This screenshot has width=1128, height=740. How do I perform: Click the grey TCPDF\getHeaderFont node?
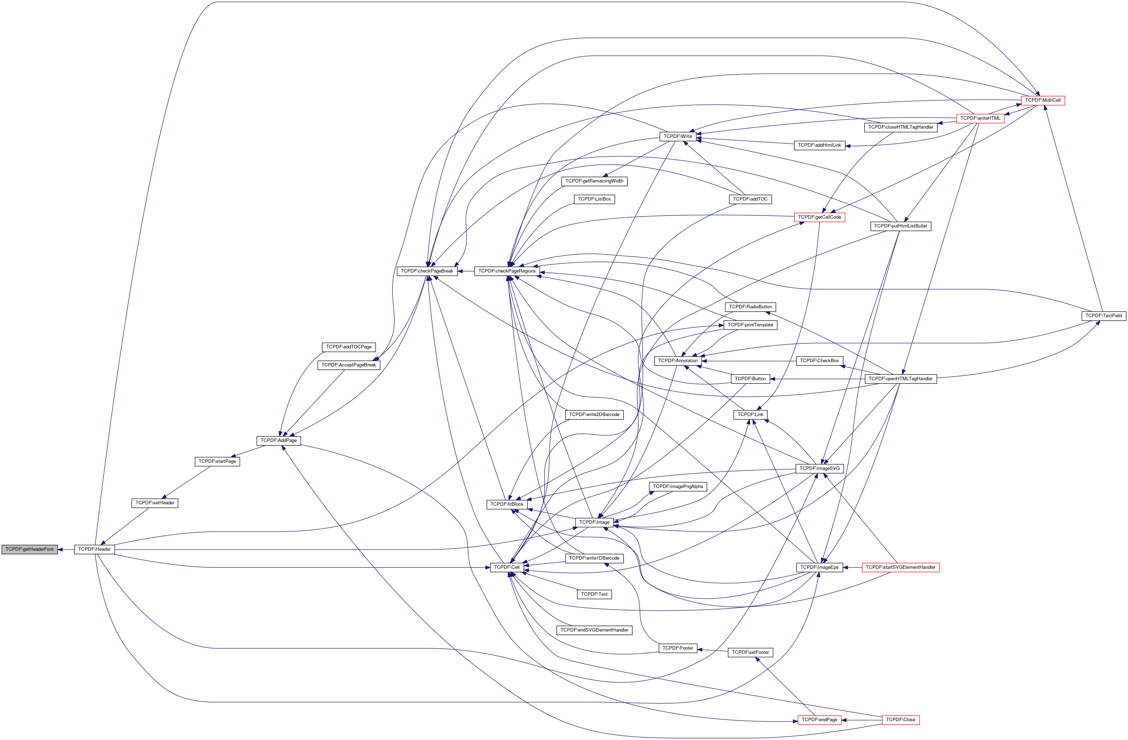(x=29, y=549)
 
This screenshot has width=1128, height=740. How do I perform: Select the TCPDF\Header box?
(x=94, y=549)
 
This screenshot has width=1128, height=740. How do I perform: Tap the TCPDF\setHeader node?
(x=154, y=503)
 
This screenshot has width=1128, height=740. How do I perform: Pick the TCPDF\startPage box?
(x=217, y=461)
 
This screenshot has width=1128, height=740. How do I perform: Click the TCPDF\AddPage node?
(x=279, y=441)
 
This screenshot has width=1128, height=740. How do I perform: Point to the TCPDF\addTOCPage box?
(x=348, y=347)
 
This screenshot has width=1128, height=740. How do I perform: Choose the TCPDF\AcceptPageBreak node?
(x=348, y=365)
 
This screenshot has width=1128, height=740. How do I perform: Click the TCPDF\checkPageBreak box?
(x=427, y=271)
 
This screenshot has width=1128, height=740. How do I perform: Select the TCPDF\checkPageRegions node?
(x=507, y=271)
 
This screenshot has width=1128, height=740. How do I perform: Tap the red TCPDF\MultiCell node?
(x=1043, y=101)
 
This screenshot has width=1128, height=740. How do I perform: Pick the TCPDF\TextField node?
(x=1103, y=316)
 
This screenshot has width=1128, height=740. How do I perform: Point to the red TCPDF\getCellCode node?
(x=820, y=217)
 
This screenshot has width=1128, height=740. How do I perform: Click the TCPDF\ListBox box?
(x=594, y=199)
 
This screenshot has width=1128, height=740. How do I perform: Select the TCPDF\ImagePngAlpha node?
(x=678, y=487)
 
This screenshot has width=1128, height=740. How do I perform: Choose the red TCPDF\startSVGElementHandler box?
(x=901, y=567)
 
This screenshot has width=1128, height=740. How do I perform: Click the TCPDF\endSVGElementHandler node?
(x=594, y=630)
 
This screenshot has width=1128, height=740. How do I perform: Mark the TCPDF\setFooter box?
(x=750, y=653)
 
